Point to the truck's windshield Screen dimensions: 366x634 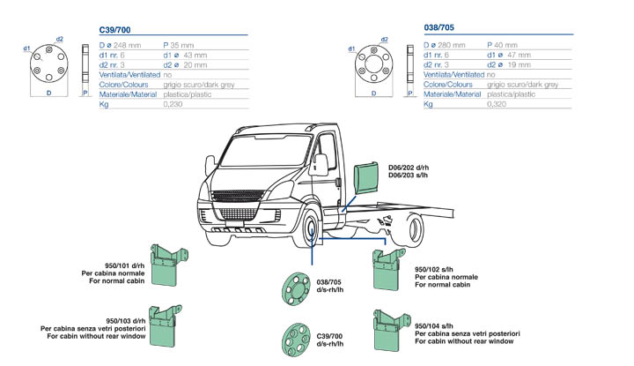pyautogui.click(x=265, y=153)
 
